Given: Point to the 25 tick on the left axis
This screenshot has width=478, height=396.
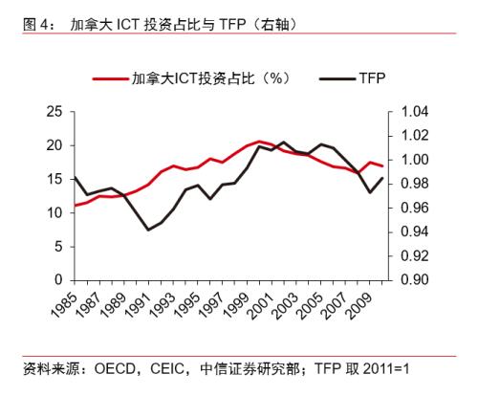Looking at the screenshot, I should pos(54,112).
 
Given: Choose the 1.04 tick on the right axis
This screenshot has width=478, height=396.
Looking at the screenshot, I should pos(410,112).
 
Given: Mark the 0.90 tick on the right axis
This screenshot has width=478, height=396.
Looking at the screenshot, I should pos(410,279).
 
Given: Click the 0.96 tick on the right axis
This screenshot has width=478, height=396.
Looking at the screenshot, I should pos(410,208).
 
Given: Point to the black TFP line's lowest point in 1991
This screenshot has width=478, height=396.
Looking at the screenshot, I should pos(148,230).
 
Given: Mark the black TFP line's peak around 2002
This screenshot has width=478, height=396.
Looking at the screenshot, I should pos(281,142).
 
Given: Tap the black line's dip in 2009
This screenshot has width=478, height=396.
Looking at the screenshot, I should pos(371,192).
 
